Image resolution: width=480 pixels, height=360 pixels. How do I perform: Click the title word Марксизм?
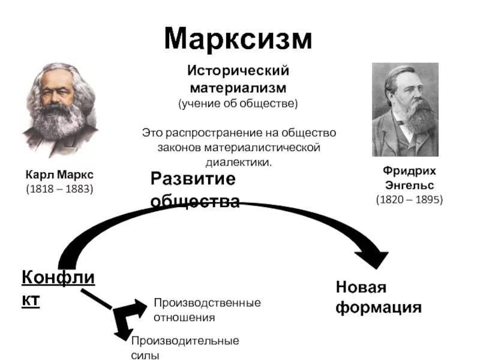239,38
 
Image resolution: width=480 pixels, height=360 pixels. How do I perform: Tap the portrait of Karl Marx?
60,111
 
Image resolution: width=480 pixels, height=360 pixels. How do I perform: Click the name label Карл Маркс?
59,175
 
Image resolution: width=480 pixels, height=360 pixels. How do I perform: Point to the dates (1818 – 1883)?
59,189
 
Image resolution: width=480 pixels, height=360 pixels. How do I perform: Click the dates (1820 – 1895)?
409,199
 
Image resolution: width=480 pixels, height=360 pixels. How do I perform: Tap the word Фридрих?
409,171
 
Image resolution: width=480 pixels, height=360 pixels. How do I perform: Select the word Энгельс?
409,185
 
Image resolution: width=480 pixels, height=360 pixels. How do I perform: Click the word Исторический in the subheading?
238,71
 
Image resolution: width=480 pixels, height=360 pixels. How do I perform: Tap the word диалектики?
238,162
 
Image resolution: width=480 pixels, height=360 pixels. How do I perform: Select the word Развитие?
193,179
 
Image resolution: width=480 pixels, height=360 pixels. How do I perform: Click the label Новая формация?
378,298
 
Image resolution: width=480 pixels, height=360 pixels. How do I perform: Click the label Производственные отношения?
208,310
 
